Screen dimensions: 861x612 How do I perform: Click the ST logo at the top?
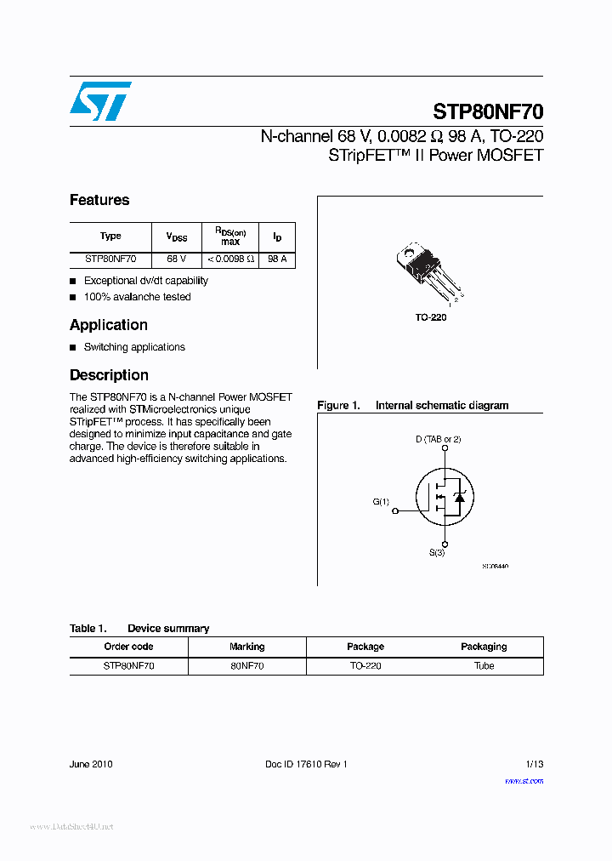pos(100,101)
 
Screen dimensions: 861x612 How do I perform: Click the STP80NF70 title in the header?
pos(488,112)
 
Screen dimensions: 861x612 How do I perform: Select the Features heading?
pos(99,200)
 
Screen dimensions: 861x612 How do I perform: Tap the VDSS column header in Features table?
pos(176,237)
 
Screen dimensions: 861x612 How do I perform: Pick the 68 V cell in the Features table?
pos(176,259)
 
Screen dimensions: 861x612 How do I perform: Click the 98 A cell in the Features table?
pos(277,259)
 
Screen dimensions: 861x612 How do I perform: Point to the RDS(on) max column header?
pos(229,237)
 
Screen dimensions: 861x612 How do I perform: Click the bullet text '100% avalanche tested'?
pos(137,297)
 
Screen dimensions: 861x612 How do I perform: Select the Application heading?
pos(108,325)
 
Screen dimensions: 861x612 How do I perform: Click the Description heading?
pos(109,375)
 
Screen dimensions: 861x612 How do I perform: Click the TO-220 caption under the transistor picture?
pos(430,317)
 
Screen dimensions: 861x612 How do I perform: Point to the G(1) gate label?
pos(381,502)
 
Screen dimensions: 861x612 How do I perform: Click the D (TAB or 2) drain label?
pos(438,439)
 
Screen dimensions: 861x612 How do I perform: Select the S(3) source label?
pos(436,553)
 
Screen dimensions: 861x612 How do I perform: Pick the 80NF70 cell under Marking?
pos(246,665)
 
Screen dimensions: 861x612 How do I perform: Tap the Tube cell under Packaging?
pos(484,665)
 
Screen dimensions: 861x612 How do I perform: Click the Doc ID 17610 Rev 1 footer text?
pos(306,764)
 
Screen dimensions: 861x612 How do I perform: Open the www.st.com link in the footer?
pos(524,780)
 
